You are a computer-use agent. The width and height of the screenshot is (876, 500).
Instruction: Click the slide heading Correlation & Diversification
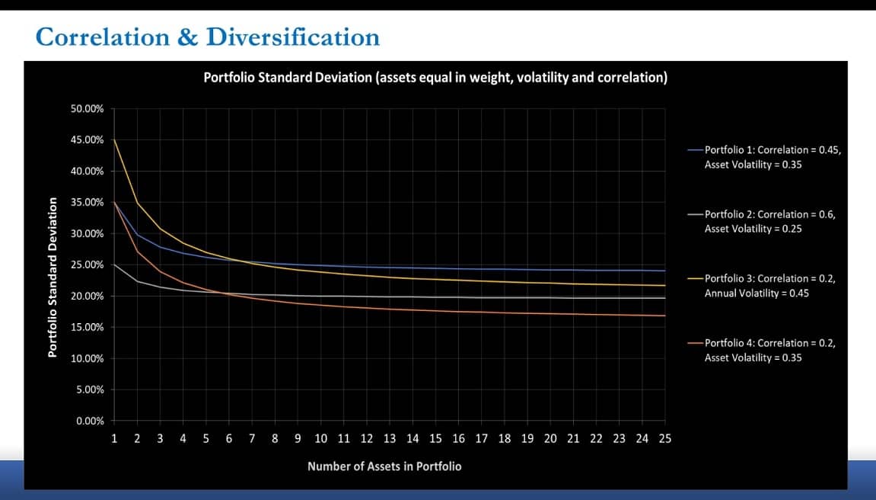tap(207, 37)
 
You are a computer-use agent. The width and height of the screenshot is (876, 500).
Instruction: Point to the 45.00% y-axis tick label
tap(88, 139)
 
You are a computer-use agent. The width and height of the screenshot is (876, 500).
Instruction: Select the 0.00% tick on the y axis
tap(90, 421)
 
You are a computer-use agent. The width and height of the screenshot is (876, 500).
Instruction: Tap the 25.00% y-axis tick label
tap(88, 264)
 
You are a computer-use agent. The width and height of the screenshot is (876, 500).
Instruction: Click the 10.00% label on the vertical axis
tap(88, 358)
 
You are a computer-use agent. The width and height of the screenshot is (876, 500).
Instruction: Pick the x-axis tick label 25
tap(665, 438)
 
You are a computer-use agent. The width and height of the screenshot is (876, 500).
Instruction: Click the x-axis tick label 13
tap(390, 438)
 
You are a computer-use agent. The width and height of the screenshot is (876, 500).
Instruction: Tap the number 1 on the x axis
tap(114, 438)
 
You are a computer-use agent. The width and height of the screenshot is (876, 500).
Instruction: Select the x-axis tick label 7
tap(252, 438)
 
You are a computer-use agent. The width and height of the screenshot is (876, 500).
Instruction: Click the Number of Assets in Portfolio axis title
tap(384, 466)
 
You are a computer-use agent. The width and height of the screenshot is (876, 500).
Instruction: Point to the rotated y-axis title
tap(53, 277)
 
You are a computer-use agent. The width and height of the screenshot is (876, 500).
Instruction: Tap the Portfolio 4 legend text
tap(770, 350)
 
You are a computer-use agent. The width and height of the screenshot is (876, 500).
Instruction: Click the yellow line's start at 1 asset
tap(114, 139)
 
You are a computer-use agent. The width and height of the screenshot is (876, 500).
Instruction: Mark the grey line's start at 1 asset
tap(114, 264)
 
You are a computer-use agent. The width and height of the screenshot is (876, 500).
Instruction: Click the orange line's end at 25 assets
tap(665, 316)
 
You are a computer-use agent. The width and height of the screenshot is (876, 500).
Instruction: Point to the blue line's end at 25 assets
tap(665, 271)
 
